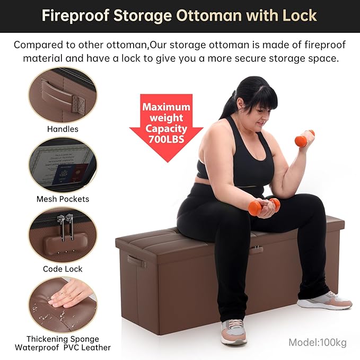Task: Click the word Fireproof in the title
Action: [x=75, y=15]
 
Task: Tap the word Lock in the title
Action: [x=300, y=15]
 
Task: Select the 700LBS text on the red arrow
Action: [x=166, y=139]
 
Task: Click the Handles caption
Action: [x=63, y=129]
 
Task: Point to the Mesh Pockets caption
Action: [x=63, y=199]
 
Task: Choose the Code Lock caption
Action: [x=63, y=269]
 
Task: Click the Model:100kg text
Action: [x=318, y=343]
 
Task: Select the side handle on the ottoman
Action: [x=137, y=261]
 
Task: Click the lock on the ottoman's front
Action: [x=256, y=249]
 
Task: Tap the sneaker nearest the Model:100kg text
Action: [x=324, y=301]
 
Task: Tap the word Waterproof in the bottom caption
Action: [x=37, y=347]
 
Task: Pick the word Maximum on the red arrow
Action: [x=166, y=107]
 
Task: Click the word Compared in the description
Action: [x=38, y=45]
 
